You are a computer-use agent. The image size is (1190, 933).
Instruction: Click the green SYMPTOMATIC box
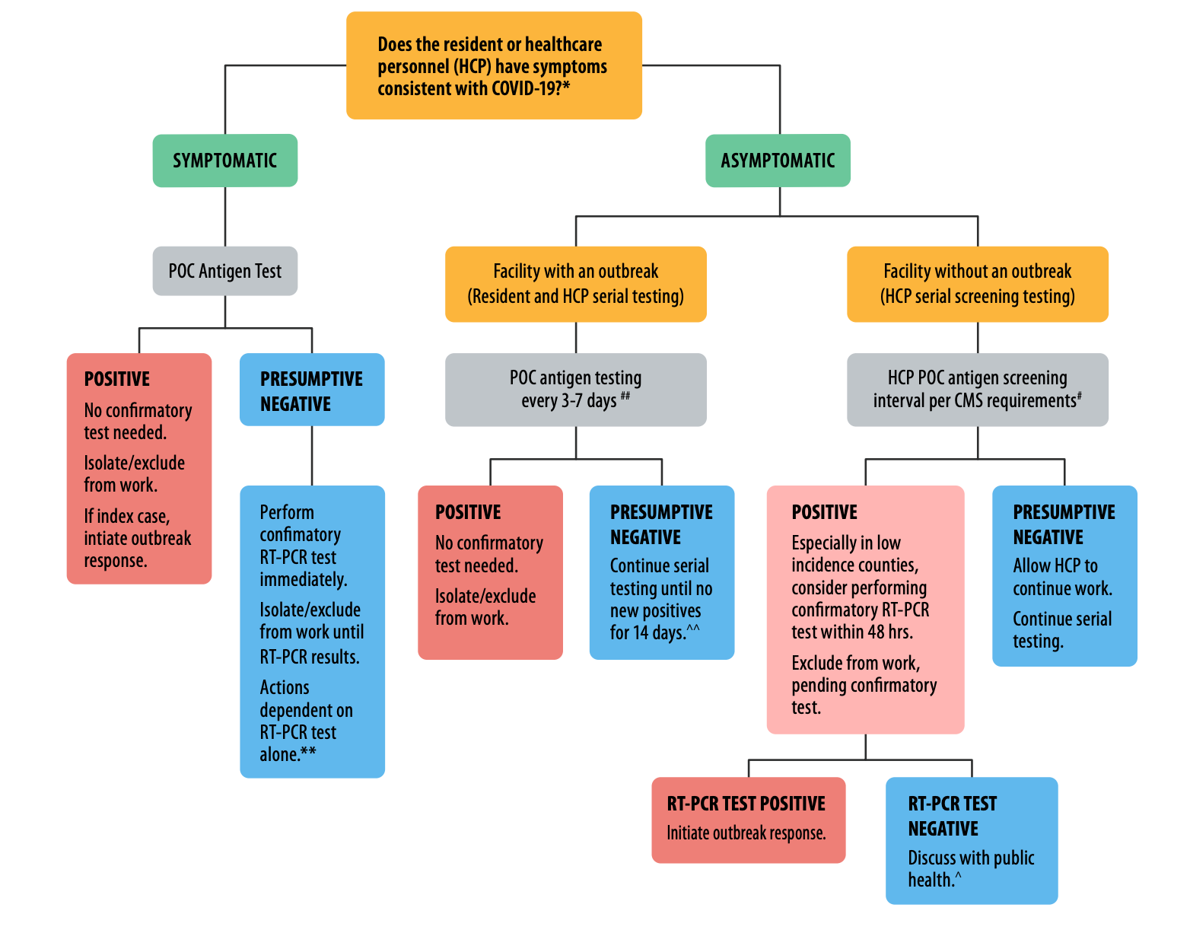[x=224, y=161]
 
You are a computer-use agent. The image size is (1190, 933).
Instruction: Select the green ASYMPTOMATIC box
[x=778, y=161]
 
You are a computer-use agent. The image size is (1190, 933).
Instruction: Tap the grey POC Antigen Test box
[x=224, y=271]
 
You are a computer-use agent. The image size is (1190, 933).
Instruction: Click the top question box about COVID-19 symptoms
[x=494, y=65]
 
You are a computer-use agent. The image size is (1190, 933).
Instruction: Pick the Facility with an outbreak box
[x=575, y=284]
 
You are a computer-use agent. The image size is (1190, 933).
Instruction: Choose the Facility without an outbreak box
[x=977, y=284]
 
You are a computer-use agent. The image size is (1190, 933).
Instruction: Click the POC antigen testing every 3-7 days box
[x=575, y=389]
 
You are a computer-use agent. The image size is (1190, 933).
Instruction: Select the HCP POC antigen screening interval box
[x=977, y=389]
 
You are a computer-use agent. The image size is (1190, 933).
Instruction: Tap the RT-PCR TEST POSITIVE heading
[x=746, y=804]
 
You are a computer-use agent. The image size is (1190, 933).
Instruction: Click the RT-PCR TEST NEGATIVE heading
[x=952, y=816]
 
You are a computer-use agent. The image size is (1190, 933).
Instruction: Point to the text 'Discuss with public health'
[x=970, y=868]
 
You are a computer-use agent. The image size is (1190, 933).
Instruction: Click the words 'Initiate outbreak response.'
[x=746, y=833]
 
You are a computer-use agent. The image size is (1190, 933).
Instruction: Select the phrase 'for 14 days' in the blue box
[x=647, y=632]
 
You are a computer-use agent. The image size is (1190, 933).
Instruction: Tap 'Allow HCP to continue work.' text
[x=1061, y=577]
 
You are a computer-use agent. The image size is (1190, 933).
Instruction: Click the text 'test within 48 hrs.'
[x=851, y=632]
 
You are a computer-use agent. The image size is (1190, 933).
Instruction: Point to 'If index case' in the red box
[x=126, y=516]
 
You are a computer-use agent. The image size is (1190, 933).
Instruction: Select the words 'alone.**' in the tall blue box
[x=287, y=754]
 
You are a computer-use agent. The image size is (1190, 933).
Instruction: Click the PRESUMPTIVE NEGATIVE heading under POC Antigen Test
[x=311, y=390]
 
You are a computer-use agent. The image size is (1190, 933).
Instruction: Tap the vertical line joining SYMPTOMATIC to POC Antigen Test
[x=225, y=217]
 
